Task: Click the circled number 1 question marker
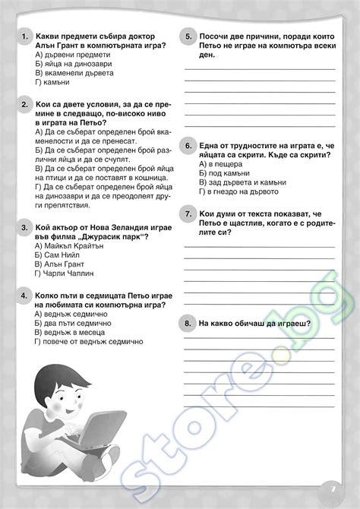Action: coord(25,36)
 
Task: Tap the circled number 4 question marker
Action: coord(25,295)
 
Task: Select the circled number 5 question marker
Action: coord(188,36)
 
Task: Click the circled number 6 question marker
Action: coord(188,145)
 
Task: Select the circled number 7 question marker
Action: coord(188,215)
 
